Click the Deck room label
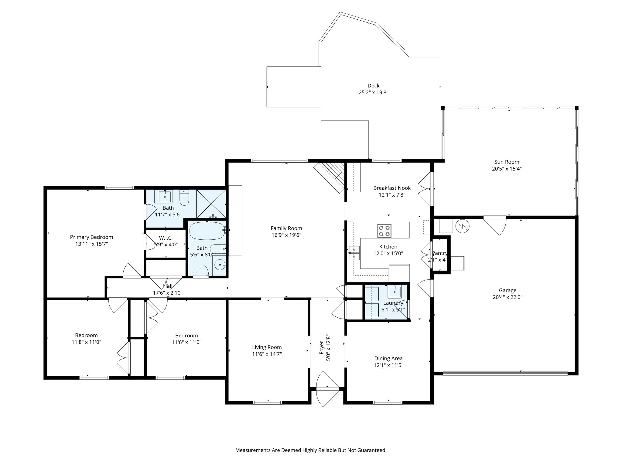point(373,86)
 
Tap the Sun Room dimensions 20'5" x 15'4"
point(507,169)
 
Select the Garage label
point(507,290)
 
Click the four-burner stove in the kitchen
point(384,231)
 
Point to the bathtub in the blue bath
point(207,231)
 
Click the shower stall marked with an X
point(211,204)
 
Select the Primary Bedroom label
point(91,237)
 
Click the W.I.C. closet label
point(166,238)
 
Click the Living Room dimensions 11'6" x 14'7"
point(267,354)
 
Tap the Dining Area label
point(388,359)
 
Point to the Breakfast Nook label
point(392,188)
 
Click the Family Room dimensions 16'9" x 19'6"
point(286,235)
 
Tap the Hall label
point(168,286)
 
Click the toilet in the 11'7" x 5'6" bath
point(184,198)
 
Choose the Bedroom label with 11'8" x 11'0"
point(86,335)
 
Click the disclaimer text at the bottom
point(311,450)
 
